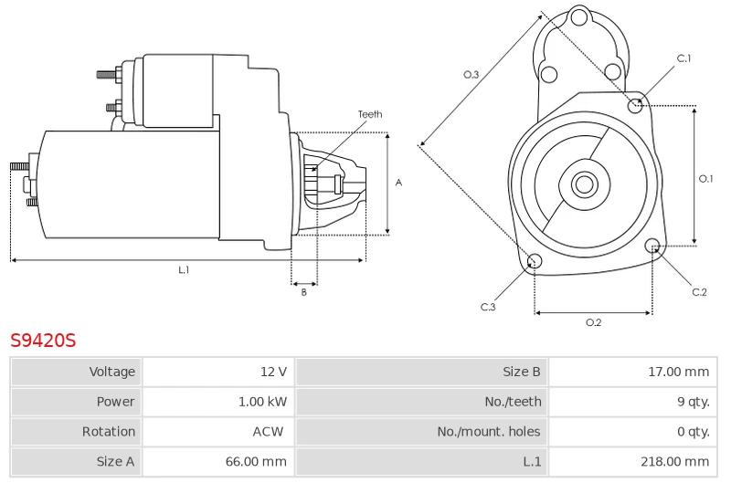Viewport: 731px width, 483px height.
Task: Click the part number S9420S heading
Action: [43, 341]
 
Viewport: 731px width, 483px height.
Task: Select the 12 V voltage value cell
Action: [273, 372]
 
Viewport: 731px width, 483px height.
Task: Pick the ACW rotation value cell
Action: [268, 432]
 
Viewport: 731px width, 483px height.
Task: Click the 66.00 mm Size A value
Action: [257, 462]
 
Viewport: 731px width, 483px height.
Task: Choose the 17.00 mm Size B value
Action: [678, 372]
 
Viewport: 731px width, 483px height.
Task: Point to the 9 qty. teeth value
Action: [692, 402]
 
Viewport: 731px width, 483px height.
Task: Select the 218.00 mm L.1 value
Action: [674, 462]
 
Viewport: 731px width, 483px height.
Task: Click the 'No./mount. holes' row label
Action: [488, 432]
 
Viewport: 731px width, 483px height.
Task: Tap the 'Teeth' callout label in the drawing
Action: [370, 115]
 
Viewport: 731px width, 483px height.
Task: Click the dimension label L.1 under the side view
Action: [184, 269]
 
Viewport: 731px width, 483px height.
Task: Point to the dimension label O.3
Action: [471, 75]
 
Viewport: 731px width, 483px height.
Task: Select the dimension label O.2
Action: [593, 322]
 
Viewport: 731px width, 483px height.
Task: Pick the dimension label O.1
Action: [705, 179]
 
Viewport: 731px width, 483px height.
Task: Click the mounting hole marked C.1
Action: [636, 106]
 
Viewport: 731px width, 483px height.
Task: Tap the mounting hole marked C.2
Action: [652, 247]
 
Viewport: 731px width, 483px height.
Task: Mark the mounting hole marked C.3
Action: [535, 263]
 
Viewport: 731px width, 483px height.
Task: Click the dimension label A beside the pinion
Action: [398, 183]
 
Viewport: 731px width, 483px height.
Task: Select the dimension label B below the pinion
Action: [304, 292]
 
